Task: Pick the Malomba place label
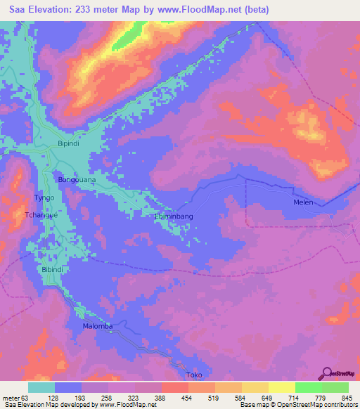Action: tap(98, 326)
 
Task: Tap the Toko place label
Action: tap(194, 375)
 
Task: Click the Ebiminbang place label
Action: tap(174, 217)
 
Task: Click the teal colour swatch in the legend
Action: tap(41, 387)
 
